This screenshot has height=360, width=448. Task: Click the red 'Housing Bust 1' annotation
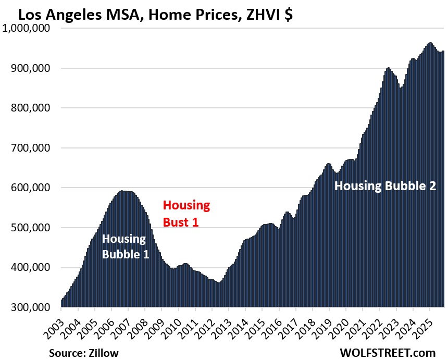point(186,214)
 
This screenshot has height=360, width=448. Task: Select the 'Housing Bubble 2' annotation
point(385,185)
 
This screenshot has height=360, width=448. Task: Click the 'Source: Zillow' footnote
point(84,353)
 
